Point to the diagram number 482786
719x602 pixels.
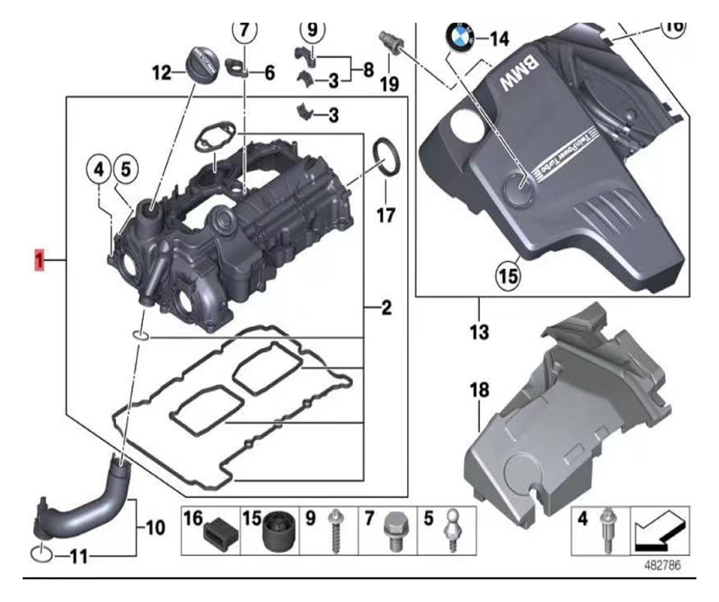click(x=663, y=565)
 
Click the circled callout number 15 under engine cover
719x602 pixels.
click(x=508, y=275)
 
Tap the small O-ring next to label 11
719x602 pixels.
click(x=41, y=554)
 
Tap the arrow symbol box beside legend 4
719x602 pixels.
click(x=660, y=531)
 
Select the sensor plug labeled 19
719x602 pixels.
click(x=389, y=45)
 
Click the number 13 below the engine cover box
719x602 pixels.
click(x=479, y=332)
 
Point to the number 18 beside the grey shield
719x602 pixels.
click(x=479, y=390)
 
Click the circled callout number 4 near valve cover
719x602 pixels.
click(x=99, y=169)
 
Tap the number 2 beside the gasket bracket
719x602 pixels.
click(x=386, y=308)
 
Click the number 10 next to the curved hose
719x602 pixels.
click(x=155, y=527)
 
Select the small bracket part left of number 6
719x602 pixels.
click(x=237, y=67)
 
